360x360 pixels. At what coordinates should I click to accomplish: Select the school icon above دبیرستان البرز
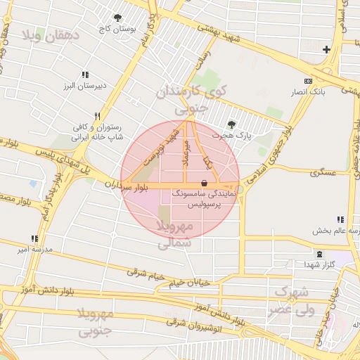pyautogui.click(x=85, y=75)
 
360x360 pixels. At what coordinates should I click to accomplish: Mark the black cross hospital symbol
pyautogui.click(x=326, y=49)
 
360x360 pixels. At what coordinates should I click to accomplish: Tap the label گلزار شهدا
pyautogui.click(x=320, y=265)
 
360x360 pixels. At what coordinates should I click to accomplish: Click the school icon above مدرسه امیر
pyautogui.click(x=34, y=239)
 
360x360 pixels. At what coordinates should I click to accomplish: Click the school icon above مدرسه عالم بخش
pyautogui.click(x=341, y=219)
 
